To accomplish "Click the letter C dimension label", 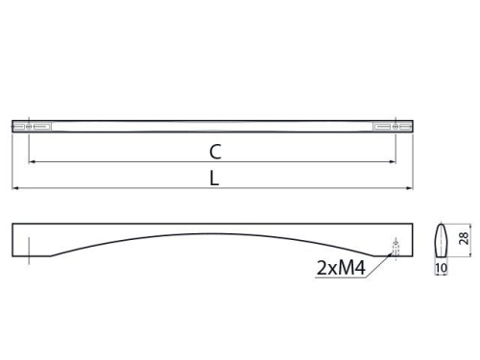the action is coord(215,152).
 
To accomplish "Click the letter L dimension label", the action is coord(214,179).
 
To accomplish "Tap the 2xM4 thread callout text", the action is coord(341,268).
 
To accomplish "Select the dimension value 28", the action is coord(464,239).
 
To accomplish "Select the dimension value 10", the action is coord(442,268).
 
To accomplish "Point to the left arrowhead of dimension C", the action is coord(32,162).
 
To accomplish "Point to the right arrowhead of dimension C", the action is coord(393,162).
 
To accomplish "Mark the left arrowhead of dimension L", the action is coord(15,188).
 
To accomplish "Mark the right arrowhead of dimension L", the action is coord(410,188).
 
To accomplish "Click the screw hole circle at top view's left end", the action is coord(29,127).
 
